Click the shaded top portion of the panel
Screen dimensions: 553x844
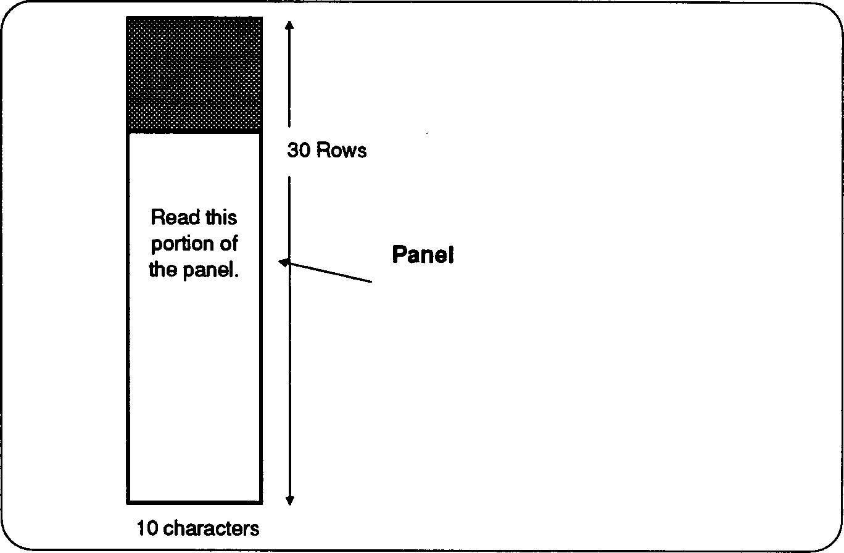194,74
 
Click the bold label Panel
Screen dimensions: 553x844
423,254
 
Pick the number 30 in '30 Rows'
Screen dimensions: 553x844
299,151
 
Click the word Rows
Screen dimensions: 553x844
341,151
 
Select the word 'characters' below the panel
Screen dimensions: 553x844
213,529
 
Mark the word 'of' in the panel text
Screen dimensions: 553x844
229,244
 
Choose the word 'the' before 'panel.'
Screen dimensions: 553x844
163,270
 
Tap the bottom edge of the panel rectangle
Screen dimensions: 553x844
194,501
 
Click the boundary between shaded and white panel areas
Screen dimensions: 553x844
194,132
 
